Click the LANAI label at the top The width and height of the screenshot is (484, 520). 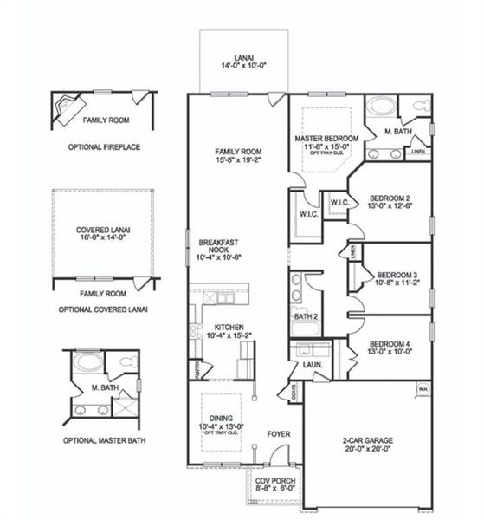pyautogui.click(x=237, y=59)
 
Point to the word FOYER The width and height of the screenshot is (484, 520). pyautogui.click(x=278, y=433)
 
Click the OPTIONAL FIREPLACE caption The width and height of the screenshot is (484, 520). pyautogui.click(x=104, y=147)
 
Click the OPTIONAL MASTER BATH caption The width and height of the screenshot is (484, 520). pyautogui.click(x=104, y=440)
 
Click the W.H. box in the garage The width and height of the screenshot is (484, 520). pyautogui.click(x=423, y=387)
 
